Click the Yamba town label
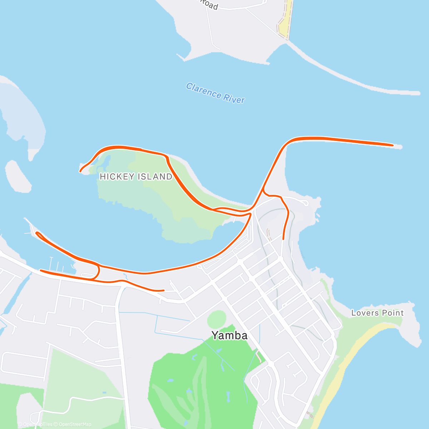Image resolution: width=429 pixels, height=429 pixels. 229,335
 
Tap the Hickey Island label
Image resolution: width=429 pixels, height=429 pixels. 136,177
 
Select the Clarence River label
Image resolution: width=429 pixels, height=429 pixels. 215,93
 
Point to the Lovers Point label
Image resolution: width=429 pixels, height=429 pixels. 377,313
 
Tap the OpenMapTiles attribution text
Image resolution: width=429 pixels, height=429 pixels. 38,424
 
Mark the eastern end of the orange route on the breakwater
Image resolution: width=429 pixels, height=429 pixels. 393,145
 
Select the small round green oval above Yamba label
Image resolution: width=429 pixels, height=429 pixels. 217,319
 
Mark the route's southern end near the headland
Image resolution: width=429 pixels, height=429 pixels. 283,239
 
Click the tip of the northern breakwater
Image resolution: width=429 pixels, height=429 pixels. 418,94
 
